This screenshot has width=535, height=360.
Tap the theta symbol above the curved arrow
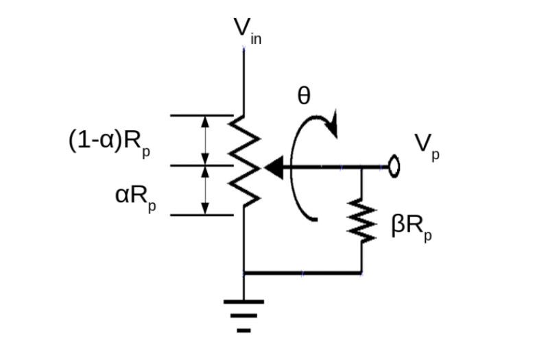click(x=303, y=97)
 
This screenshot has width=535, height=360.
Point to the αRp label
click(x=134, y=197)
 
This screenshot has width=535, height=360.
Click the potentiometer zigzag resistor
click(x=245, y=160)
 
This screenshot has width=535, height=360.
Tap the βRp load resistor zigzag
click(x=361, y=221)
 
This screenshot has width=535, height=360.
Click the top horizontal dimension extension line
click(x=202, y=115)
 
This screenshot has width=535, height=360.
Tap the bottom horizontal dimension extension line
click(x=202, y=215)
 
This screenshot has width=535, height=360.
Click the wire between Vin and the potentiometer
click(x=244, y=82)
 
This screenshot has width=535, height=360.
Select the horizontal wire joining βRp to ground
click(x=302, y=273)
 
